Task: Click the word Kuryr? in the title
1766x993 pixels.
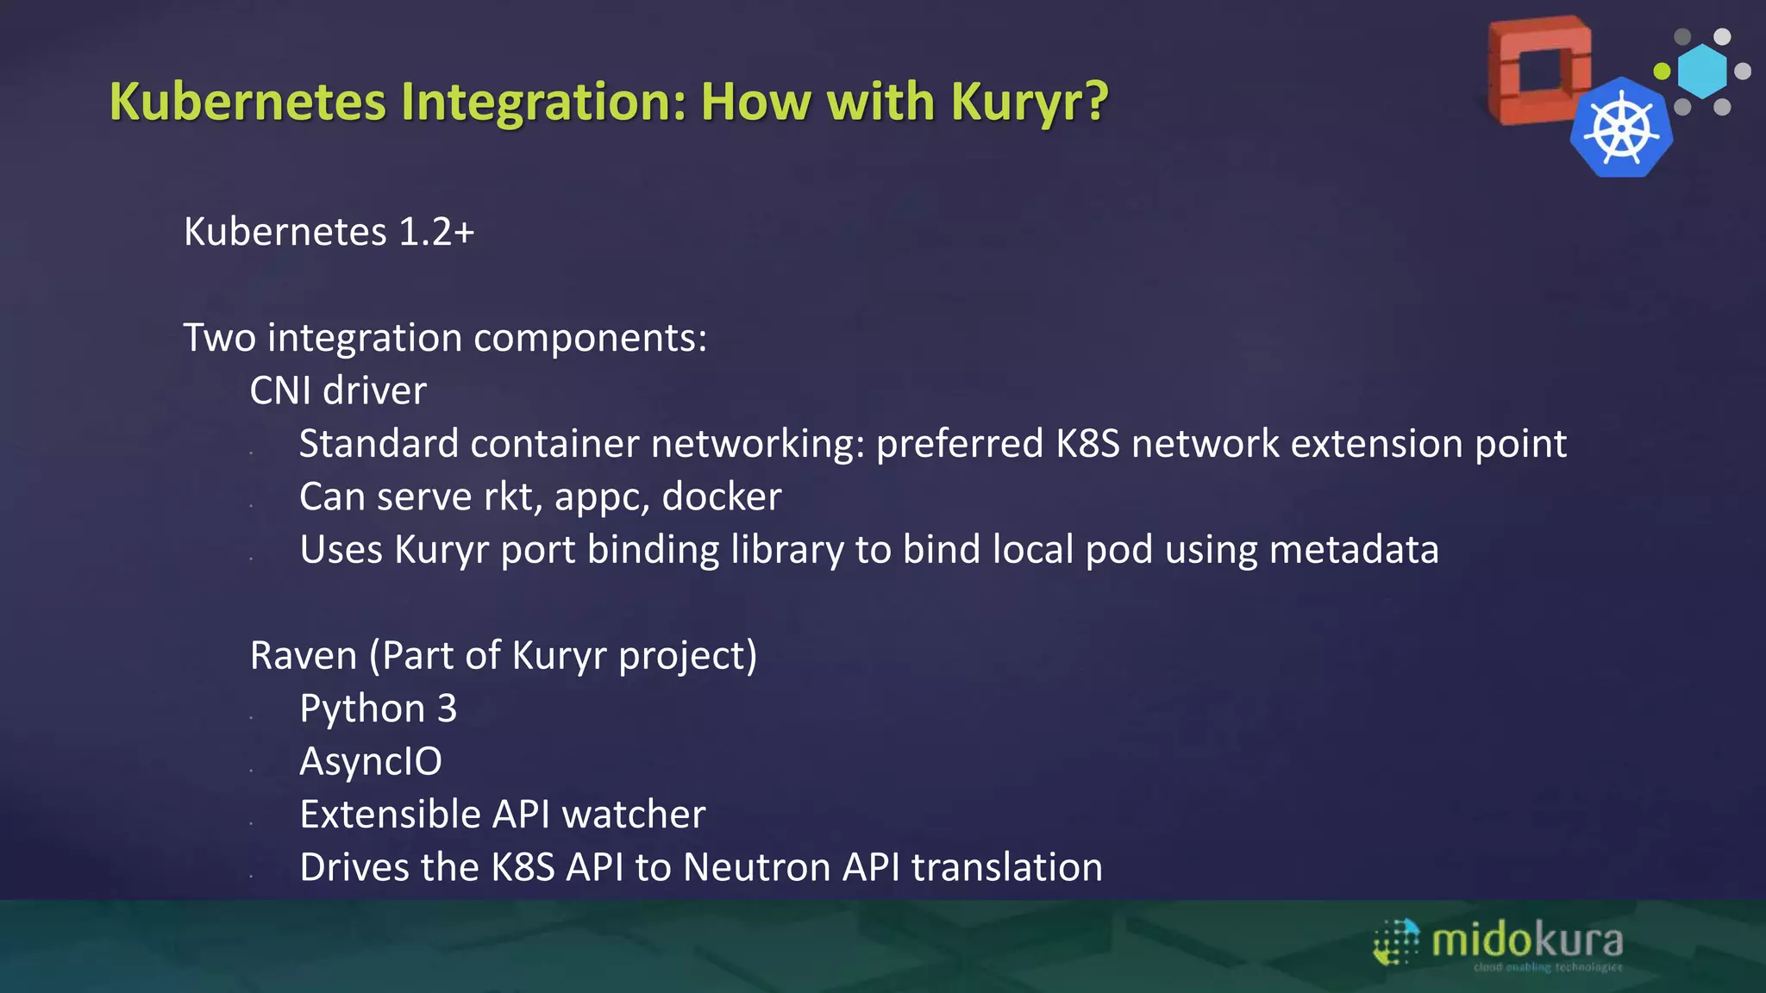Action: pos(1030,103)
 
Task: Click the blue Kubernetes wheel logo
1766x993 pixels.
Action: pos(1621,129)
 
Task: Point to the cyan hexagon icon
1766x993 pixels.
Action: pos(1702,72)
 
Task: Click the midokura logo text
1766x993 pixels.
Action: pos(1527,940)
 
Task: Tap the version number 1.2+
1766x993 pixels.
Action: pos(436,232)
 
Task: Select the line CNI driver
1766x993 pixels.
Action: pos(338,390)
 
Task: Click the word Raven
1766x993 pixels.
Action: pos(304,655)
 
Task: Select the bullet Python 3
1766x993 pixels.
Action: pos(378,709)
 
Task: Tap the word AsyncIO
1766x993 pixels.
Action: pos(371,761)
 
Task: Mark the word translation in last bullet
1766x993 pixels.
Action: pos(1006,867)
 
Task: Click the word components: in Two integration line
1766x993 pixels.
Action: pos(590,338)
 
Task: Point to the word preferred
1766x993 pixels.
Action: pos(960,444)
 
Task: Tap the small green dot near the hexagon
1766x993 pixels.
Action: pos(1662,71)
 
